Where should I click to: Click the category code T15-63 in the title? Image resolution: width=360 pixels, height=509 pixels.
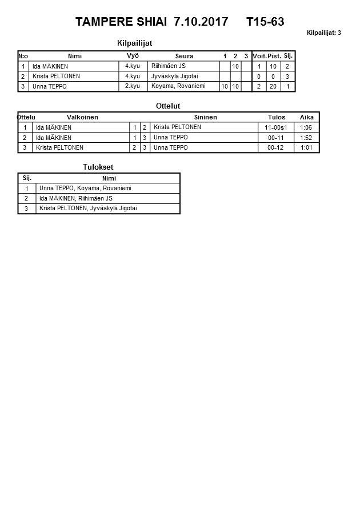pos(265,22)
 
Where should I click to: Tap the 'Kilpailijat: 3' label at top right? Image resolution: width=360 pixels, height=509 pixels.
pos(323,33)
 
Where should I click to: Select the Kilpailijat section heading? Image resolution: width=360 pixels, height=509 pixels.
pos(134,43)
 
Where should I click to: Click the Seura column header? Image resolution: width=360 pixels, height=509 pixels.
pos(184,56)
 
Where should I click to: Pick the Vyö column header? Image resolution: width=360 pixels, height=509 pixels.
pos(133,55)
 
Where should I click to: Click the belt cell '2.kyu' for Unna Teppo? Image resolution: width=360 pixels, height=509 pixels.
pos(132,86)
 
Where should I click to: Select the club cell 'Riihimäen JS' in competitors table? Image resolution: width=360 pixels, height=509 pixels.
pos(169,66)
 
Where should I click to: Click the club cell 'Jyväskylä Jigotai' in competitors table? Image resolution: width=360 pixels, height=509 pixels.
pos(174,76)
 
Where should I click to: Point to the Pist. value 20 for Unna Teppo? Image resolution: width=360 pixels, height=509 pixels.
pos(273,86)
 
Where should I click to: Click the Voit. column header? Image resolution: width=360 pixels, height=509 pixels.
pos(259,56)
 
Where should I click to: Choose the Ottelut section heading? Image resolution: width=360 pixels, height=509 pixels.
pos(168,106)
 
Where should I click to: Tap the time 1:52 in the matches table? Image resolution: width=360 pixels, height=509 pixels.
pos(306,138)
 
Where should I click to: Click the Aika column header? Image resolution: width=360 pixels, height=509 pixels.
pos(306,117)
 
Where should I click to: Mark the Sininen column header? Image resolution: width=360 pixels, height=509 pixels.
pos(205,117)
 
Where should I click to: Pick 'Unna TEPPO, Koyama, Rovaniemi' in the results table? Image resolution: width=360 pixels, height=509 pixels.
pos(85,188)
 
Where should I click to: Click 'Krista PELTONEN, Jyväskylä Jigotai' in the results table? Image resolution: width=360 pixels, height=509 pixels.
pos(88,209)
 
